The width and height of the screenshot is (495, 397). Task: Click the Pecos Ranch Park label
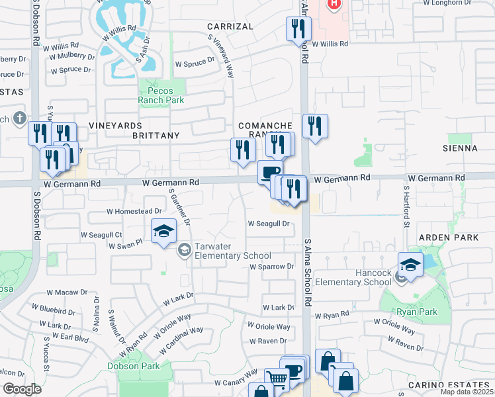point(161,95)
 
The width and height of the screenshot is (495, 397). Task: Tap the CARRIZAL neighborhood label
point(230,26)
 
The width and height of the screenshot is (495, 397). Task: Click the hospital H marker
point(334,4)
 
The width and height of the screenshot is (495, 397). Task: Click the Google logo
point(22,389)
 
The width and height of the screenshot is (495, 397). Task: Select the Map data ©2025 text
point(467,392)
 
